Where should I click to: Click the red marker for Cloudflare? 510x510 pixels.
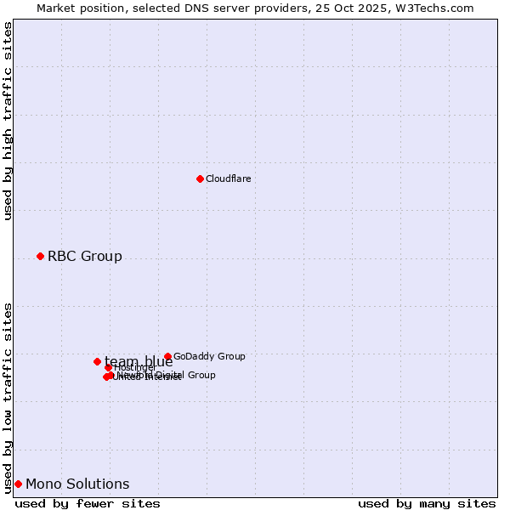pos(200,178)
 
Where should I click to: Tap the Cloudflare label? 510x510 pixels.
pos(228,178)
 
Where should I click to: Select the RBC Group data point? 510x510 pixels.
pos(40,256)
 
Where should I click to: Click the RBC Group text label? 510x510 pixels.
pos(84,256)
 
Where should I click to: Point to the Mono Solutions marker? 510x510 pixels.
pos(18,484)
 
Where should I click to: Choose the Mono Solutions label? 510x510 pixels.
pos(77,484)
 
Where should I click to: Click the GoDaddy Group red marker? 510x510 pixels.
pos(167,356)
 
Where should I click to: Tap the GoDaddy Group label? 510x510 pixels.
pos(209,356)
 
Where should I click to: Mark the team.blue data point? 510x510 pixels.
pos(97,361)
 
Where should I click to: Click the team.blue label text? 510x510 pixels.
pos(139,361)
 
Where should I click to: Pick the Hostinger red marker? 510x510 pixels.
pos(108,367)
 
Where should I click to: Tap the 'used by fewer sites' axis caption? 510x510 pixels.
pos(88,503)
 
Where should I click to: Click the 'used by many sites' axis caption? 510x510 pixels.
pos(427,503)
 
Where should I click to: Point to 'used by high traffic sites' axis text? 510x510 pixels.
pos(8,121)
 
